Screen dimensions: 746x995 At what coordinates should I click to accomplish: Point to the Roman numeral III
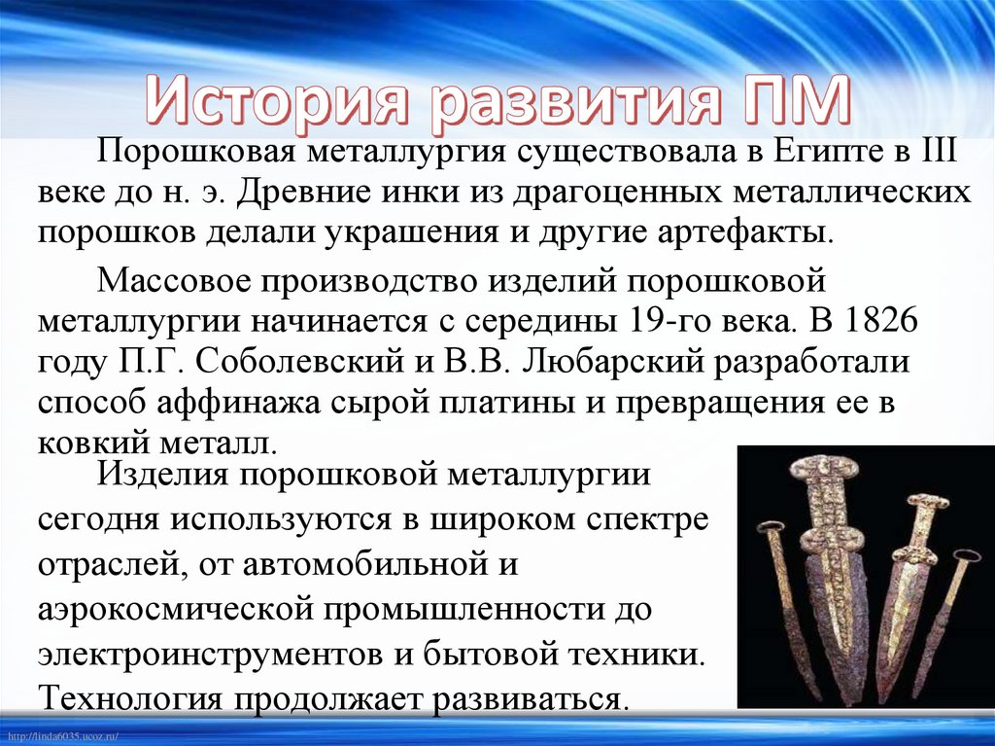(941, 153)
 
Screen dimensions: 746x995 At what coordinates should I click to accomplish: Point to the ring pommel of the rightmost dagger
(966, 559)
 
